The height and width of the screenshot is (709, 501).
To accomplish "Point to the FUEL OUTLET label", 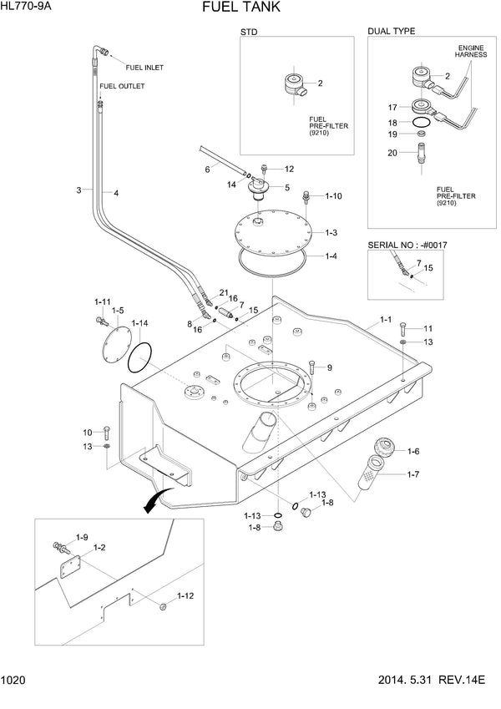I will coord(121,86).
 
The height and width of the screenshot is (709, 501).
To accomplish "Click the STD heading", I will coord(249,31).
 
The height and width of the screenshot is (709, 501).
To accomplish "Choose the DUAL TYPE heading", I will coord(391,31).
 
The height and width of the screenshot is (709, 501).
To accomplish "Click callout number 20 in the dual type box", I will coord(392,152).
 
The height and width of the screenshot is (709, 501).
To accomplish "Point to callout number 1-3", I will coord(331,233).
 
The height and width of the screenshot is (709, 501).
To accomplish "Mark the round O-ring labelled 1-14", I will coord(139,357).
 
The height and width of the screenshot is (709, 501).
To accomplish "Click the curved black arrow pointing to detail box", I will coord(153,501).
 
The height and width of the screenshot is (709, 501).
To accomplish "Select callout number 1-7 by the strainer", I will coord(413,475).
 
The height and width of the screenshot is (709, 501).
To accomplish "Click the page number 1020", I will coord(13,681).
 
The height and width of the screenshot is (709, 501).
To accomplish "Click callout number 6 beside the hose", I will coord(207,170).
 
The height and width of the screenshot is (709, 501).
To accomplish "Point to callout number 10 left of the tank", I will coord(87,432).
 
